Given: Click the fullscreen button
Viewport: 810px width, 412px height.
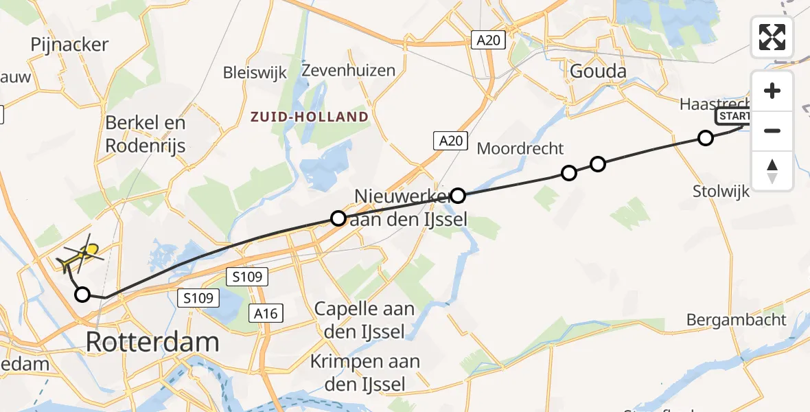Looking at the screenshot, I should [x=772, y=37].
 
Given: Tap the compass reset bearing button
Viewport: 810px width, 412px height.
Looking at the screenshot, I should [x=772, y=170].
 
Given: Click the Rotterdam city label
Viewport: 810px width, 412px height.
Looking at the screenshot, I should [x=152, y=341].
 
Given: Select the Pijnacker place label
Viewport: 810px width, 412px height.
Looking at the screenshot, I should [x=69, y=45].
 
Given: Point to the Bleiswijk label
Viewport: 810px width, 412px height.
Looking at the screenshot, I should [x=255, y=72].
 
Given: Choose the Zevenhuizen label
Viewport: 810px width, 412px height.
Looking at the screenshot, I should [x=349, y=70].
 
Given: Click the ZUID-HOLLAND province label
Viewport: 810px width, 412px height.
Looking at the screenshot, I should [x=309, y=117].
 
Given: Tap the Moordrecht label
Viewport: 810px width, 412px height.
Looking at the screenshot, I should [x=520, y=148].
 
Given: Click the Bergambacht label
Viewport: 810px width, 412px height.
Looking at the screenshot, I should [x=737, y=319].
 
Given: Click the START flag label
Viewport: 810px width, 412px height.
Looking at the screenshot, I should [x=733, y=116].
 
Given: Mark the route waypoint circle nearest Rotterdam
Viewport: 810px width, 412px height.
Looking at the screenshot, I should [x=82, y=295].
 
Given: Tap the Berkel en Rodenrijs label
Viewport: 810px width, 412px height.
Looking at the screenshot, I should [x=146, y=135].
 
